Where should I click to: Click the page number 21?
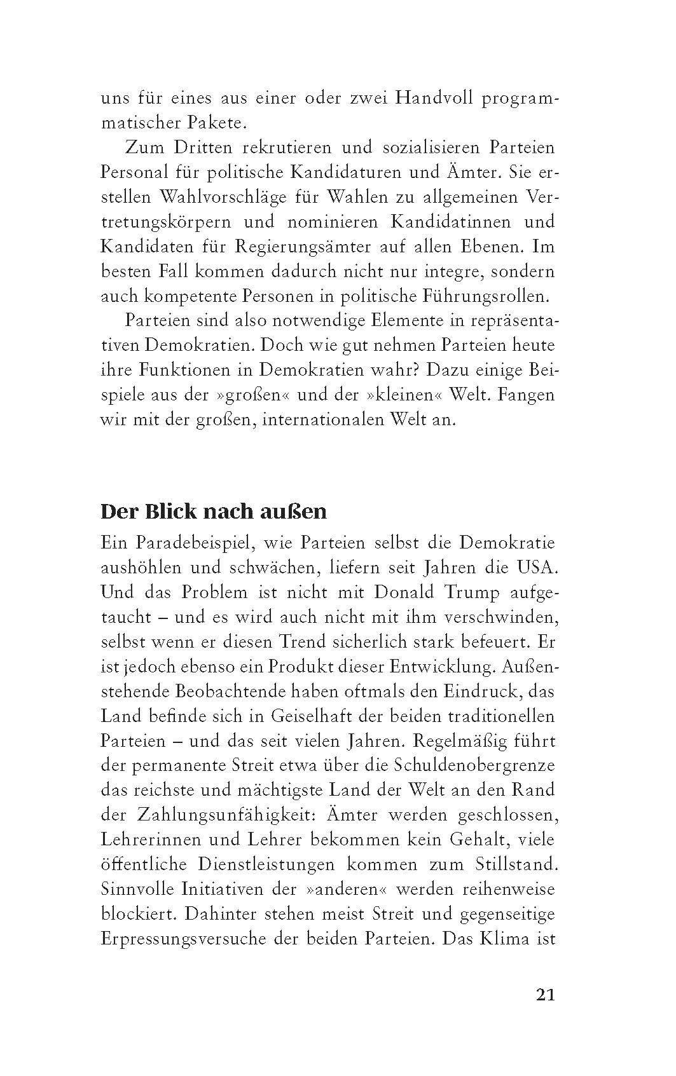[x=545, y=995]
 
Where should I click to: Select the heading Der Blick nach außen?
[x=214, y=512]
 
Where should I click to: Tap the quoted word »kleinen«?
[x=403, y=395]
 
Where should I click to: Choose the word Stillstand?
[x=516, y=864]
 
